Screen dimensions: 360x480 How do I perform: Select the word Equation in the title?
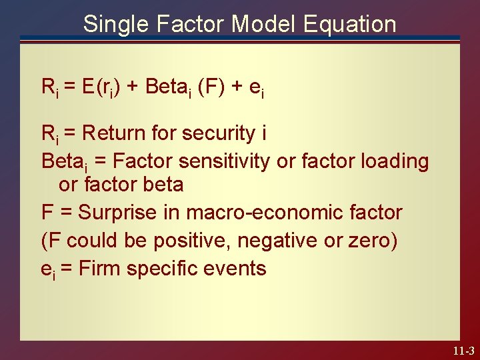coord(349,25)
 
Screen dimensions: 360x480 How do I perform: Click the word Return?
coord(113,133)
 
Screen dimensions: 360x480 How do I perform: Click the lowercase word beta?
coord(162,184)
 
